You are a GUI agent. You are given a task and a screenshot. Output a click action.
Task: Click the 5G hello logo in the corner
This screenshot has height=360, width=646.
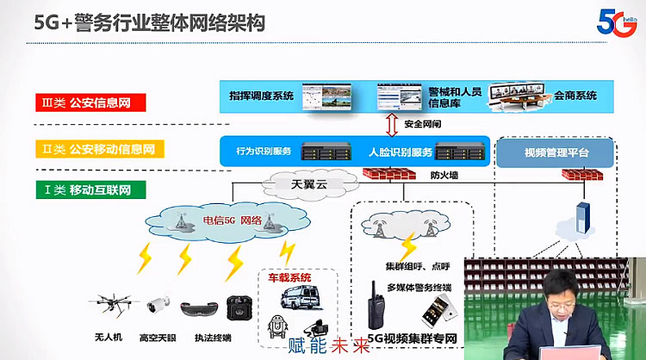(x=618, y=19)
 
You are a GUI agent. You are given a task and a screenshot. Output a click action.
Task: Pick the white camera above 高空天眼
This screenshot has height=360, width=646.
(x=159, y=304)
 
